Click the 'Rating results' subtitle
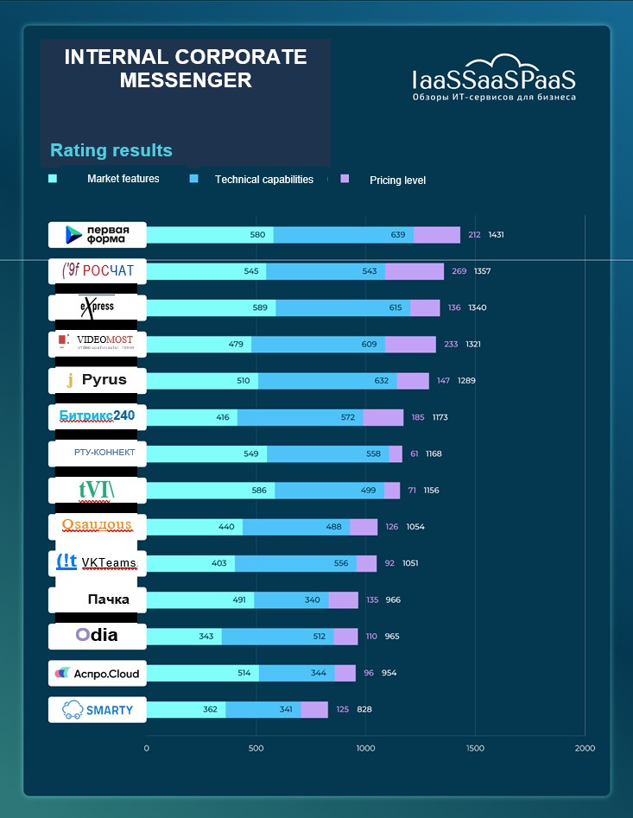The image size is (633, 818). pos(111,150)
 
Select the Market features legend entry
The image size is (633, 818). pos(123,179)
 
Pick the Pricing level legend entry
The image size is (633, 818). pos(397,180)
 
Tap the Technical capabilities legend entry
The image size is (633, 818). pos(263,180)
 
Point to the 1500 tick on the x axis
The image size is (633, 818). pos(475,748)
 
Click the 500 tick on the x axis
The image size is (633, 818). pos(256,748)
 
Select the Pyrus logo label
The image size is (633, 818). pos(98,380)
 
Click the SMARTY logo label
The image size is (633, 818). pos(98,710)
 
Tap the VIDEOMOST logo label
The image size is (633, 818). pos(98,343)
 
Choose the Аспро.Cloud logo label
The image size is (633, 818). pos(98,673)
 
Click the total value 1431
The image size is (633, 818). pos(496,234)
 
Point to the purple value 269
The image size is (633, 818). pos(459,271)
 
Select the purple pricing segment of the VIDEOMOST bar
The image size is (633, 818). pos(410,344)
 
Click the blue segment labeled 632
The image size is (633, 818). pos(328,380)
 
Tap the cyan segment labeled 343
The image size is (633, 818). pos(184,637)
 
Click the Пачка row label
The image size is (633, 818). pos(98,599)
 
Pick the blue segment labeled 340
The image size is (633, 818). pos(292,599)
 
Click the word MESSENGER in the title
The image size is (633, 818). pos(186,80)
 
